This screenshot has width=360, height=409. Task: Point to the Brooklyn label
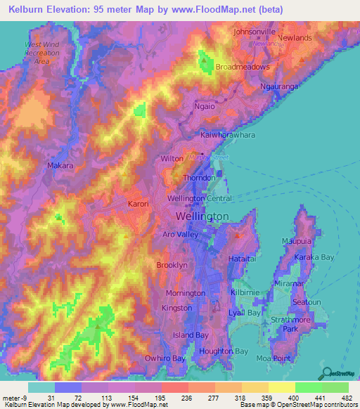point(172,266)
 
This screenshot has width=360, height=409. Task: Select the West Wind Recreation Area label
point(41,53)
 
